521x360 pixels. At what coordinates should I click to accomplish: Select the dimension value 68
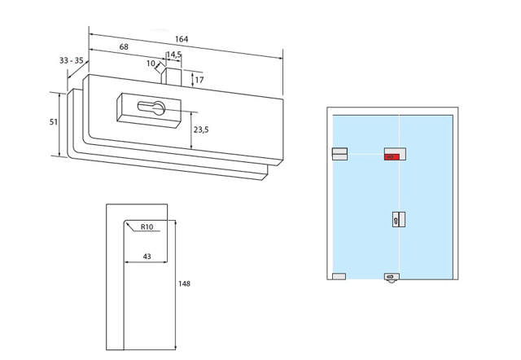[x=124, y=47]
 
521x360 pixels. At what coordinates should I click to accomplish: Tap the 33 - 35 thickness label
[x=71, y=60]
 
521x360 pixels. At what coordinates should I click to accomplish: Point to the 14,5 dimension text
[x=174, y=55]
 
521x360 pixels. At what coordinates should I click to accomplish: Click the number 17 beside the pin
[x=199, y=80]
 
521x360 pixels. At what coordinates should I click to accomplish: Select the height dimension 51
[x=54, y=121]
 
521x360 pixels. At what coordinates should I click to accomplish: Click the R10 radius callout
[x=147, y=227]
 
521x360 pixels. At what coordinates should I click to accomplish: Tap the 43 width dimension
[x=147, y=257]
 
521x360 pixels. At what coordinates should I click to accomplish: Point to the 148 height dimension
[x=184, y=283]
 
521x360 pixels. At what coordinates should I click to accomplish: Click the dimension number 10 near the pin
[x=151, y=63]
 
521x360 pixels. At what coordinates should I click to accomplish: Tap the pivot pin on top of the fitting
[x=173, y=77]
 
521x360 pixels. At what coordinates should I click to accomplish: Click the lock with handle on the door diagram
[x=397, y=219]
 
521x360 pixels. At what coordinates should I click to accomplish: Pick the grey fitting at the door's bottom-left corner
[x=339, y=276]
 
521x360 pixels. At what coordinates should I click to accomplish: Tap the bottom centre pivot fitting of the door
[x=392, y=277]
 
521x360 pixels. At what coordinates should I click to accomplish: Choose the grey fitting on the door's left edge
[x=339, y=153]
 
